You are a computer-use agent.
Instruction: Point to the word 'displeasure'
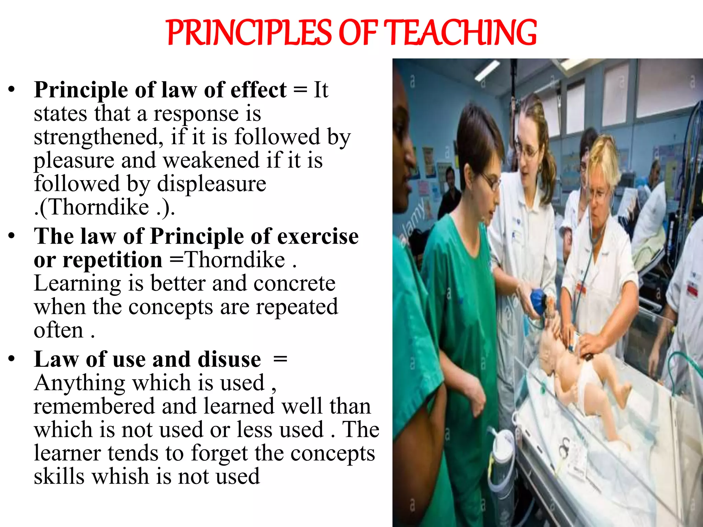coord(211,184)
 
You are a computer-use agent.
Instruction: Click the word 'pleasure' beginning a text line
coord(74,161)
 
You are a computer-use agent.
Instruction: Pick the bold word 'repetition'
coord(98,260)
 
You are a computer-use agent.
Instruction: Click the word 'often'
coord(58,330)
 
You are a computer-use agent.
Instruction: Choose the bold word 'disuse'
coord(229,359)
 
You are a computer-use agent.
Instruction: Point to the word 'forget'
coord(219,453)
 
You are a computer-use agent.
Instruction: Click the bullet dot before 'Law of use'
coord(12,359)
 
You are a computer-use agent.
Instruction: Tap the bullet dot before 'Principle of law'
coord(12,89)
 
